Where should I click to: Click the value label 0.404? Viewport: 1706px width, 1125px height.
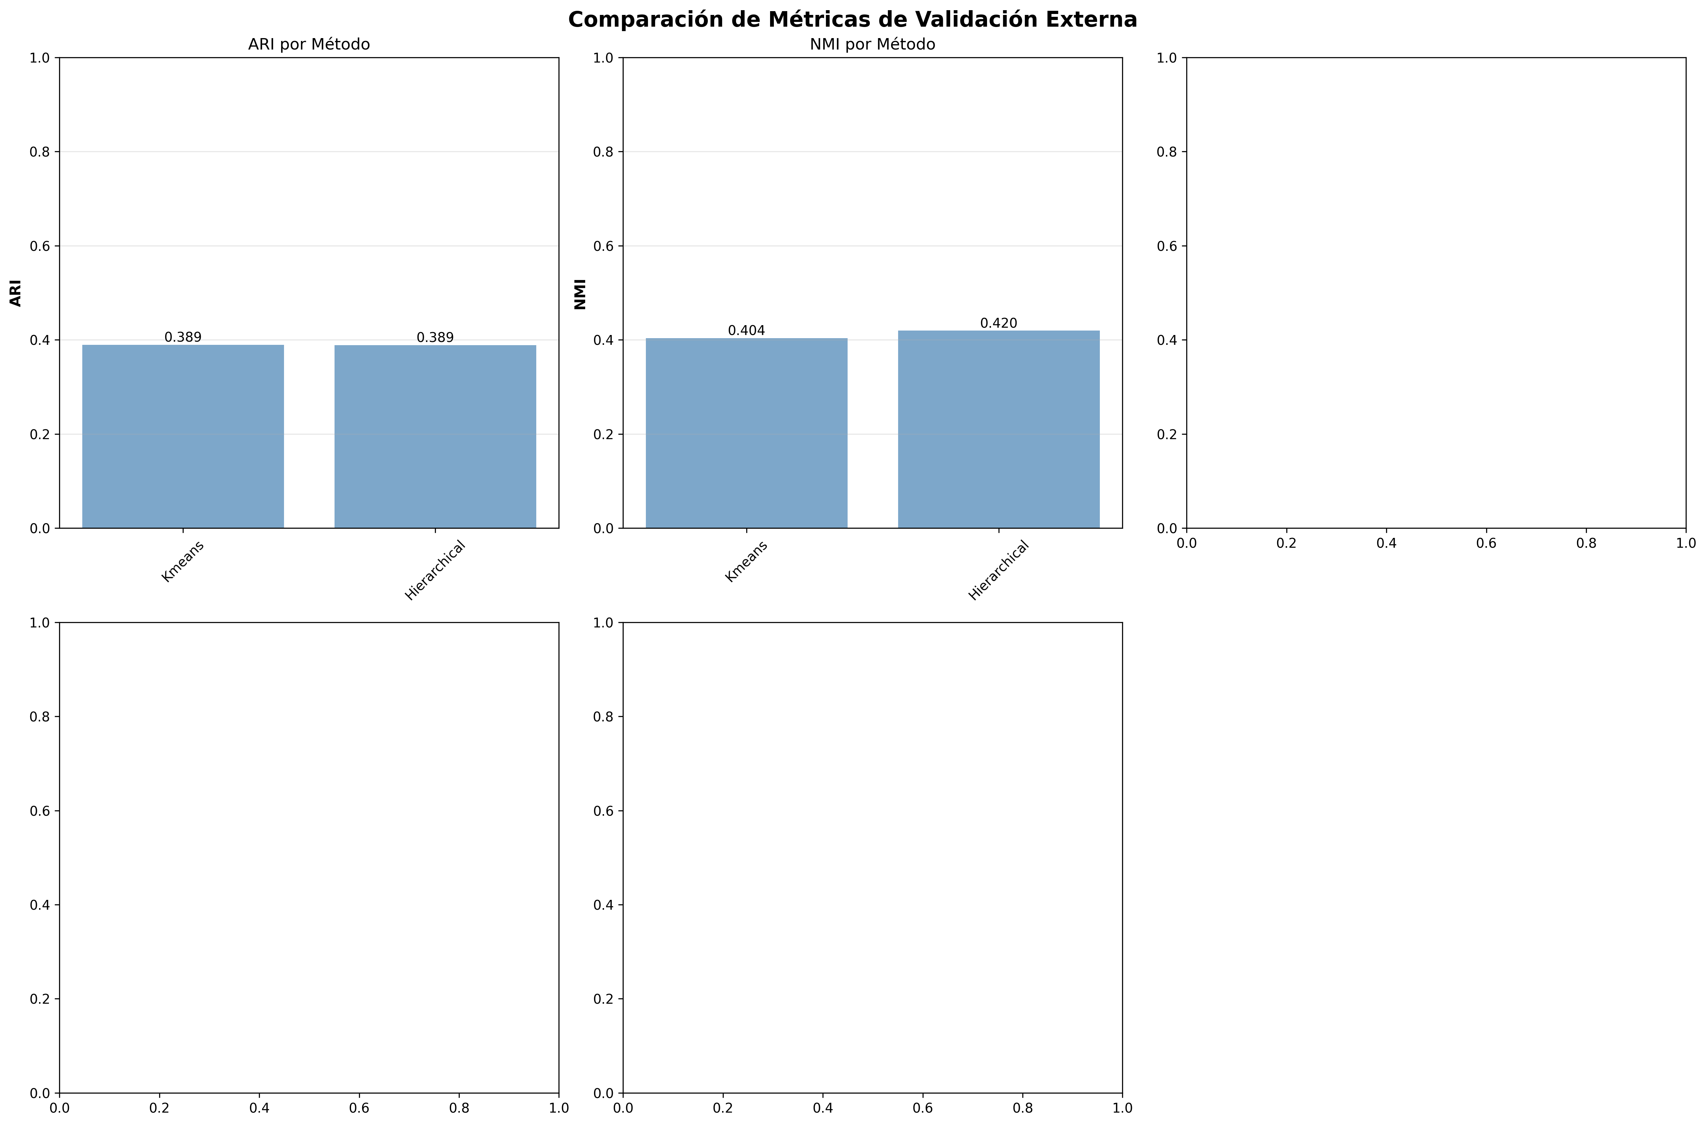click(747, 331)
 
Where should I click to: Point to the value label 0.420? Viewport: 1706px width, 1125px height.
click(998, 324)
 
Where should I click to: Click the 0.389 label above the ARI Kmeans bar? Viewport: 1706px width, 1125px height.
click(183, 337)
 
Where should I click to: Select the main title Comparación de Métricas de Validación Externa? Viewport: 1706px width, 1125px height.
click(853, 19)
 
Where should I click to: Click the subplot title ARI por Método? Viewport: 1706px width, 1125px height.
click(308, 44)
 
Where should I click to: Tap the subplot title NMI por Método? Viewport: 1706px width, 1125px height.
click(872, 44)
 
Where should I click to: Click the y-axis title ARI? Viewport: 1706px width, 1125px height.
click(16, 293)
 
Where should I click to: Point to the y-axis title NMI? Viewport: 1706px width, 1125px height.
click(580, 294)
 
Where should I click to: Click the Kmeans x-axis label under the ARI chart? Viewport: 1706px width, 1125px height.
click(182, 562)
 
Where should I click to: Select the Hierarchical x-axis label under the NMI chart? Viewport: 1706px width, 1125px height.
click(998, 570)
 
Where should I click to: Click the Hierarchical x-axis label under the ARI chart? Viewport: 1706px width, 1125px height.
click(435, 570)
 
